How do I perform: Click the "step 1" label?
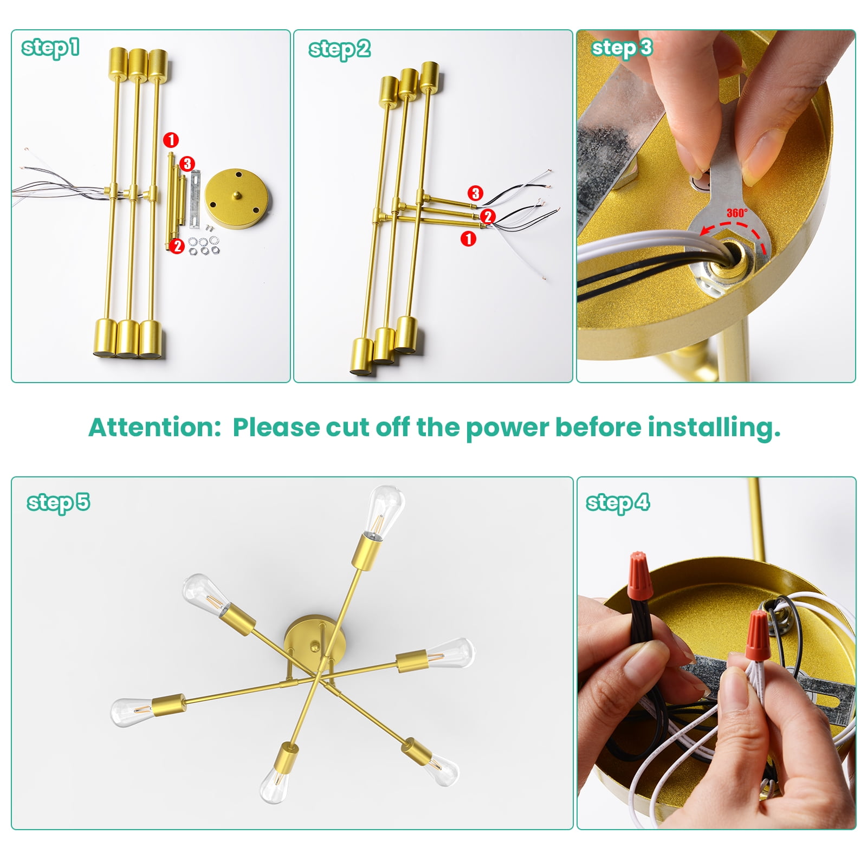point(50,47)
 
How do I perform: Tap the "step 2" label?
point(340,49)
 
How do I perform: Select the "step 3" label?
point(622,48)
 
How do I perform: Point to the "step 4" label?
point(618,502)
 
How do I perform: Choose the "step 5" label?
point(59,502)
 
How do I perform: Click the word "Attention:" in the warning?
point(155,427)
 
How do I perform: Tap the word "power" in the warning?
point(507,428)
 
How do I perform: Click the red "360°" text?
point(736,213)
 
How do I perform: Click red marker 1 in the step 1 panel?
point(171,140)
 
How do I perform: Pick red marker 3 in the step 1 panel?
point(187,164)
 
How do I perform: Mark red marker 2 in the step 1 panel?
point(177,246)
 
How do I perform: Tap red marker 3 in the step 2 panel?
point(475,193)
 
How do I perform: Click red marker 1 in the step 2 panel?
point(468,238)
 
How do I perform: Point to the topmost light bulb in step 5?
point(385,510)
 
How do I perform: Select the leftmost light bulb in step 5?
point(133,712)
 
